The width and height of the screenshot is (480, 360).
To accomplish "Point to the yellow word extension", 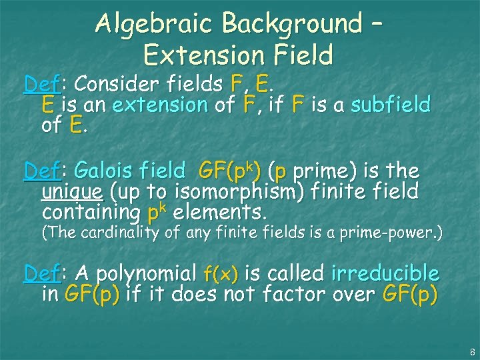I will click(161, 105).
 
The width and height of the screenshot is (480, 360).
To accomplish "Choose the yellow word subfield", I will click(391, 105).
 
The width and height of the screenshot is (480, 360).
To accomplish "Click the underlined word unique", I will click(72, 192).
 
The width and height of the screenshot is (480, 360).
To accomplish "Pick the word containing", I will click(91, 213).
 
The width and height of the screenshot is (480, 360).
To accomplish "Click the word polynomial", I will click(139, 273).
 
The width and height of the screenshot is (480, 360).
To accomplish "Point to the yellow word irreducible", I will click(385, 273).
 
